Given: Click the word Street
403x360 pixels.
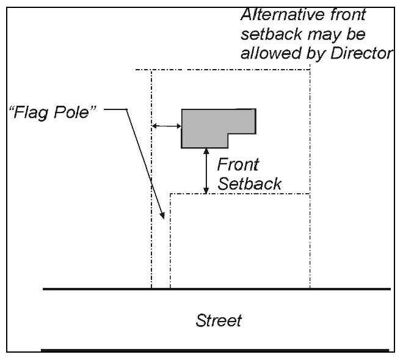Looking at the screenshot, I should pyautogui.click(x=219, y=319).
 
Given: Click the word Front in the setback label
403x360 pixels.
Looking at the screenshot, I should pyautogui.click(x=238, y=164).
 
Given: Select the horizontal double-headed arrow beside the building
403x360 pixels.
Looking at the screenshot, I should pyautogui.click(x=166, y=126).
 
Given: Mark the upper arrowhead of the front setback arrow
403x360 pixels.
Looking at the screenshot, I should pyautogui.click(x=206, y=151).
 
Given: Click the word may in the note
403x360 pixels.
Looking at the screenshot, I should pyautogui.click(x=315, y=33).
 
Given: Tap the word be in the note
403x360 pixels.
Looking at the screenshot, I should pyautogui.click(x=348, y=32).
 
